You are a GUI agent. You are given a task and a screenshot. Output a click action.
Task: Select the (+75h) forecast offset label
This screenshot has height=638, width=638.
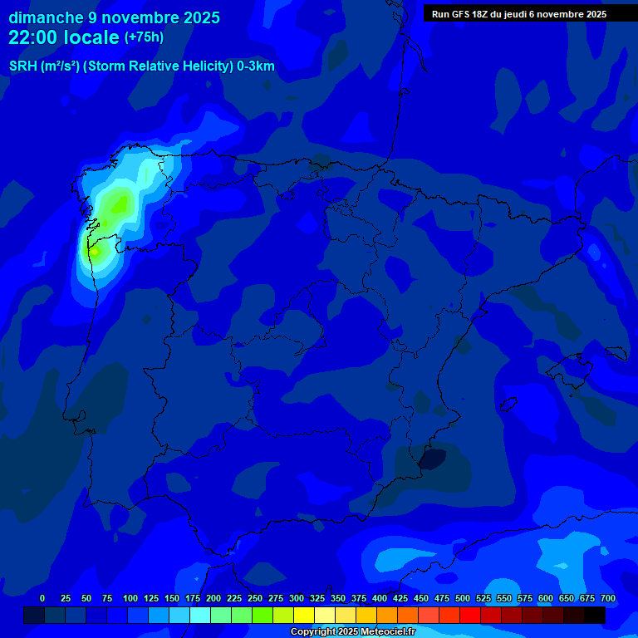[x=144, y=37]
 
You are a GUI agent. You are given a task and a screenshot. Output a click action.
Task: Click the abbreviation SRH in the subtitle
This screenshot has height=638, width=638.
[x=22, y=66]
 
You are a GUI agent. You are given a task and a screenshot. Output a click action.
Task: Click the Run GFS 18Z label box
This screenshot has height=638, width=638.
[x=518, y=14]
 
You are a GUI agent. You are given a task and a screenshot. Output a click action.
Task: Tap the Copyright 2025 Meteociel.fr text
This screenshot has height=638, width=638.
[x=352, y=632]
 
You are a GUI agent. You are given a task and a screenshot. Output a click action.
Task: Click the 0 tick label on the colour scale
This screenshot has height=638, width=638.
[x=42, y=598]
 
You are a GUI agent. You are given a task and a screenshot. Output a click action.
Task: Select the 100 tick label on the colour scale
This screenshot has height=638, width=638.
[x=130, y=598]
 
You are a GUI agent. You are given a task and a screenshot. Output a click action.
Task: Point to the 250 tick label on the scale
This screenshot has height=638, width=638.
[x=255, y=598]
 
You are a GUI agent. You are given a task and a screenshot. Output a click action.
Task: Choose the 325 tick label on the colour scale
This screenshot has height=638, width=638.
[x=317, y=598]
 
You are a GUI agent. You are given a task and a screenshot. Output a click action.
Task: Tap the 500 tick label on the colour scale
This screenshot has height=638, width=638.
[x=463, y=598]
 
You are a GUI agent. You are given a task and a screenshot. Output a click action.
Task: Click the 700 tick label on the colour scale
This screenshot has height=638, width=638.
[x=608, y=598]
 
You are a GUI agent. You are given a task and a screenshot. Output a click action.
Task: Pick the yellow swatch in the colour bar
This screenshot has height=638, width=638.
[x=304, y=616]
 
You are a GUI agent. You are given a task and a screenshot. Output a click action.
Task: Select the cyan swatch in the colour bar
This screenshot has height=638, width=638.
[x=200, y=616]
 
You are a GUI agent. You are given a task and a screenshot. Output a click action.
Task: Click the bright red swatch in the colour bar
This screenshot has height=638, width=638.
[x=470, y=616]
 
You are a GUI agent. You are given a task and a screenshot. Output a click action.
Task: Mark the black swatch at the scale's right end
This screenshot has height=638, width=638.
[x=595, y=616]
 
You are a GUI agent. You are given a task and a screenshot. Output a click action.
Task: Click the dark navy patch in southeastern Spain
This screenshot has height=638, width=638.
[x=432, y=459]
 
